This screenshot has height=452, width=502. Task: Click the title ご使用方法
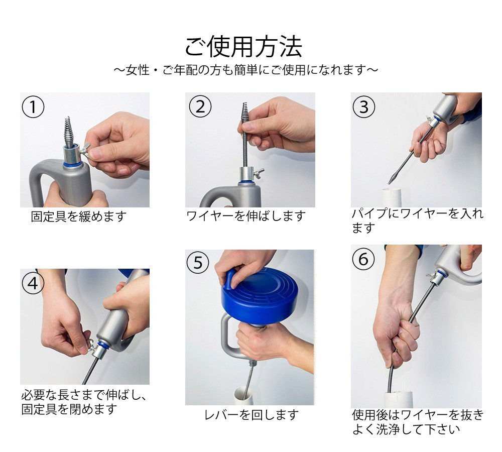pos(243,47)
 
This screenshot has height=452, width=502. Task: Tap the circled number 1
pos(33,106)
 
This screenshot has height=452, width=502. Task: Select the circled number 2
pos(200,106)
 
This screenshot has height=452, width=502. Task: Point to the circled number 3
pos(363,106)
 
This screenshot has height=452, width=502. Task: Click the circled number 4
pos(33,283)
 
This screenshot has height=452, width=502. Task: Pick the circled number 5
pos(198,263)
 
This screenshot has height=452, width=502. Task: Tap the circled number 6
pos(363,259)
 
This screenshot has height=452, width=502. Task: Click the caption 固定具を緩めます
pos(79,216)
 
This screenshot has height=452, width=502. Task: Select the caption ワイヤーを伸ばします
pos(245,216)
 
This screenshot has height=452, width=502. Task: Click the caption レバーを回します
pos(252,415)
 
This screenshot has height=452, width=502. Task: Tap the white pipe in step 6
pos(398,399)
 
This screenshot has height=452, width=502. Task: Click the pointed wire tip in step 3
pos(391,178)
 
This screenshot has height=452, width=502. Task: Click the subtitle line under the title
pos(246,70)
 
